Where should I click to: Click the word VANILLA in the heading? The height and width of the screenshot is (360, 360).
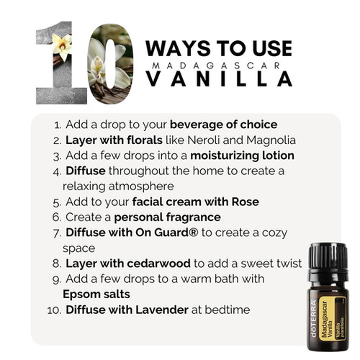[x=220, y=78]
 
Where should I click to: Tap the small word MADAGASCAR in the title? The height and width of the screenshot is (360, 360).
[x=216, y=66]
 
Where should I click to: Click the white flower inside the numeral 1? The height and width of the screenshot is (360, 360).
[x=62, y=46]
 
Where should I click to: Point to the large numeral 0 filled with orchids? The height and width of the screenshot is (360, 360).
[x=110, y=64]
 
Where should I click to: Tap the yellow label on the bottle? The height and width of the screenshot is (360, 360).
[x=333, y=318]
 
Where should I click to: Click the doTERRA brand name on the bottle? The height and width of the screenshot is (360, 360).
[x=314, y=318]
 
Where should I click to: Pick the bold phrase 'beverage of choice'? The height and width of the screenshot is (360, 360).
[x=224, y=125]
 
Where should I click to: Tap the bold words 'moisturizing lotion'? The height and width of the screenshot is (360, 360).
[x=242, y=156]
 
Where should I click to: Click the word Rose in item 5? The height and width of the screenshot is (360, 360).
[x=246, y=202]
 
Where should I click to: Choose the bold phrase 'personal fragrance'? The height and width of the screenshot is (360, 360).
[x=168, y=217]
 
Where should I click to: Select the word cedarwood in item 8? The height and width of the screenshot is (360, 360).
[x=159, y=264]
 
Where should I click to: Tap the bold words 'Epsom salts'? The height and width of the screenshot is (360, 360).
[x=96, y=294]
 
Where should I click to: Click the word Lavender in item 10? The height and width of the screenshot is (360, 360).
[x=162, y=310]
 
